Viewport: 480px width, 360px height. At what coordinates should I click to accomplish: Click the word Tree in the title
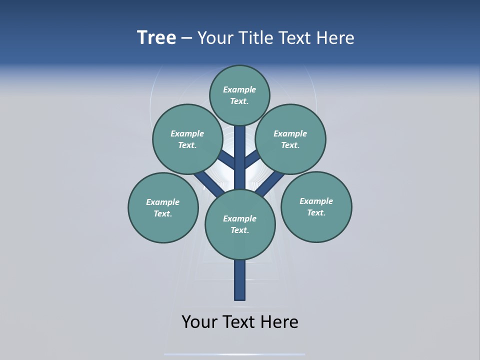coord(156,38)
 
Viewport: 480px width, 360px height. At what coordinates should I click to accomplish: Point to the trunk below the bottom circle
coord(240,280)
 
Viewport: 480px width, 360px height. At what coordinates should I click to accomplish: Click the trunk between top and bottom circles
coord(240,160)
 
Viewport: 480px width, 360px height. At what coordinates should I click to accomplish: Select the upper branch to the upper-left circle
coord(228,160)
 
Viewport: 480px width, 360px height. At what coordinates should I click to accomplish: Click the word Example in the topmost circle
coord(239,89)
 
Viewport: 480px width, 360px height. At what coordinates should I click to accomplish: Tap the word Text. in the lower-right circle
coord(316,212)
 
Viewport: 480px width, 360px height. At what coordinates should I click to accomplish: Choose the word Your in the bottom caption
coord(199,321)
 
